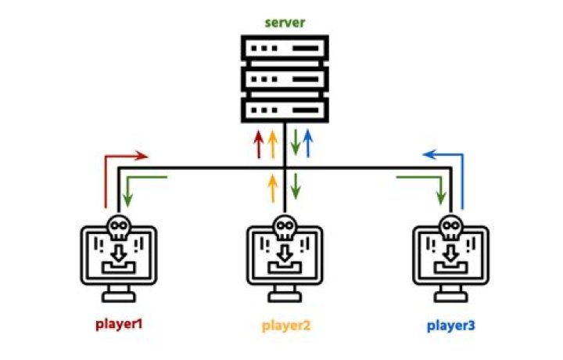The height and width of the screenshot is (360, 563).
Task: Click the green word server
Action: tap(285, 23)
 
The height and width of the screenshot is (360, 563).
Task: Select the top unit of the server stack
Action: tap(285, 49)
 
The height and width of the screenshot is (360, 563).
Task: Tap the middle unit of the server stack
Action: tap(285, 78)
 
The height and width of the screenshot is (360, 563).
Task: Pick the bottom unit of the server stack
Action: tap(285, 107)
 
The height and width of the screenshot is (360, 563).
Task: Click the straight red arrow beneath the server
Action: tap(260, 145)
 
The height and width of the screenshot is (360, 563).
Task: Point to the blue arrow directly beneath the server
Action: tap(308, 143)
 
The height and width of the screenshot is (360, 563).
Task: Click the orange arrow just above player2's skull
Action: tap(272, 189)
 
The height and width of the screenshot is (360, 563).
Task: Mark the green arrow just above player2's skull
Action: tap(296, 189)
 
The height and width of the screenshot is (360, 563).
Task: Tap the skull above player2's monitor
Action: tap(285, 228)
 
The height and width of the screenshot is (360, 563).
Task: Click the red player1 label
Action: tap(119, 323)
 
